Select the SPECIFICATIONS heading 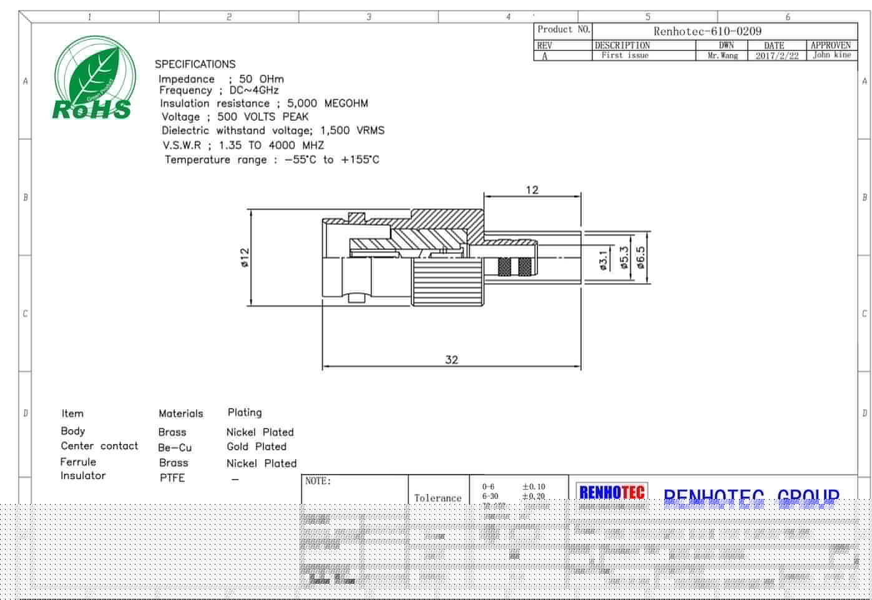(x=195, y=64)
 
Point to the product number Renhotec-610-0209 (x=707, y=31)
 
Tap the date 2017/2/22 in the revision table (x=776, y=56)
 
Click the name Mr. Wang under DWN (x=722, y=56)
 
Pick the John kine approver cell (x=831, y=55)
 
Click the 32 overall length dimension (x=451, y=359)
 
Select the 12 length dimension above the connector (x=532, y=190)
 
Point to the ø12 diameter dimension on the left (x=245, y=258)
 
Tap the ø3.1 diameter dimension (x=603, y=260)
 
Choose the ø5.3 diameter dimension (x=624, y=258)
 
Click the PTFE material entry (x=172, y=478)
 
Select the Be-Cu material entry (x=175, y=447)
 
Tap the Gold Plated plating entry (x=256, y=447)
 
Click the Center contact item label (x=99, y=446)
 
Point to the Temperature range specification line (x=272, y=160)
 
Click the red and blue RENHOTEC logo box (x=611, y=492)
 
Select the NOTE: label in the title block (x=318, y=481)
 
